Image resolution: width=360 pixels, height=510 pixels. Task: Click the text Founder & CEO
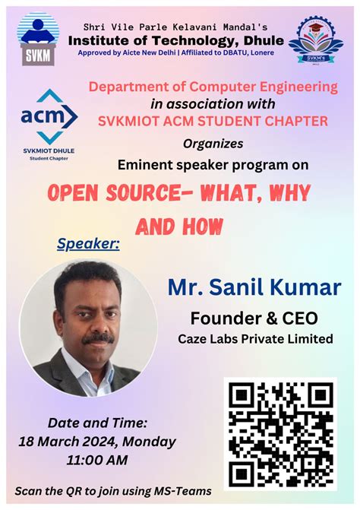pos(254,318)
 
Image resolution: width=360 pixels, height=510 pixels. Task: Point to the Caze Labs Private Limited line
pos(254,338)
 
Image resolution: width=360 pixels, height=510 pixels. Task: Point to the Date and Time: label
pos(97,423)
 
